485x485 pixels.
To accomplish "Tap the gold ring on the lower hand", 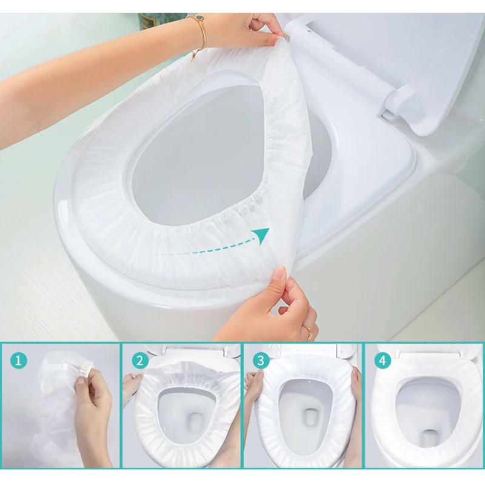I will [x=308, y=332].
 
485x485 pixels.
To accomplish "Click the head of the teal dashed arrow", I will [x=261, y=235].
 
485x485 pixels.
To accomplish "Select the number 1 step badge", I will [x=19, y=361].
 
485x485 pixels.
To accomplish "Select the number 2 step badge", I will [x=140, y=361].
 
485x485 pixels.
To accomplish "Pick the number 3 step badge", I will [x=261, y=361].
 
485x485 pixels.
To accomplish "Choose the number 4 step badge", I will [x=383, y=361].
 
